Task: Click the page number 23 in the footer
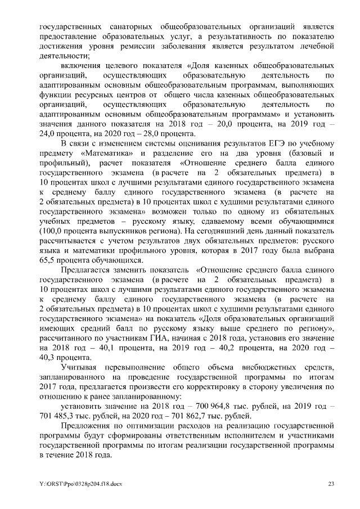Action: tap(331, 484)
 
